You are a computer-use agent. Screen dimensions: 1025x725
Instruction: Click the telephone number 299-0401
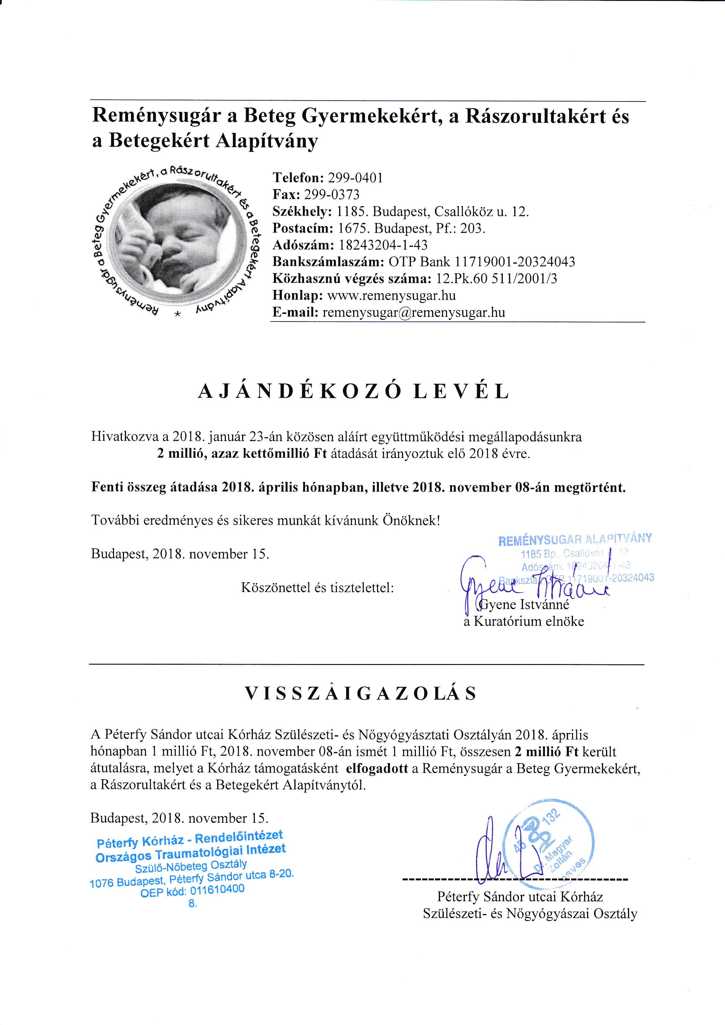[x=355, y=178]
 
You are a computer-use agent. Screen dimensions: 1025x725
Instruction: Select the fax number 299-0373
[x=331, y=195]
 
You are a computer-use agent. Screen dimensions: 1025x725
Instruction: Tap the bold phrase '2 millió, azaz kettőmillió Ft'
[x=241, y=454]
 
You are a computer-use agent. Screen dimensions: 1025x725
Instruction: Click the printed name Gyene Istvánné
[x=524, y=605]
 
